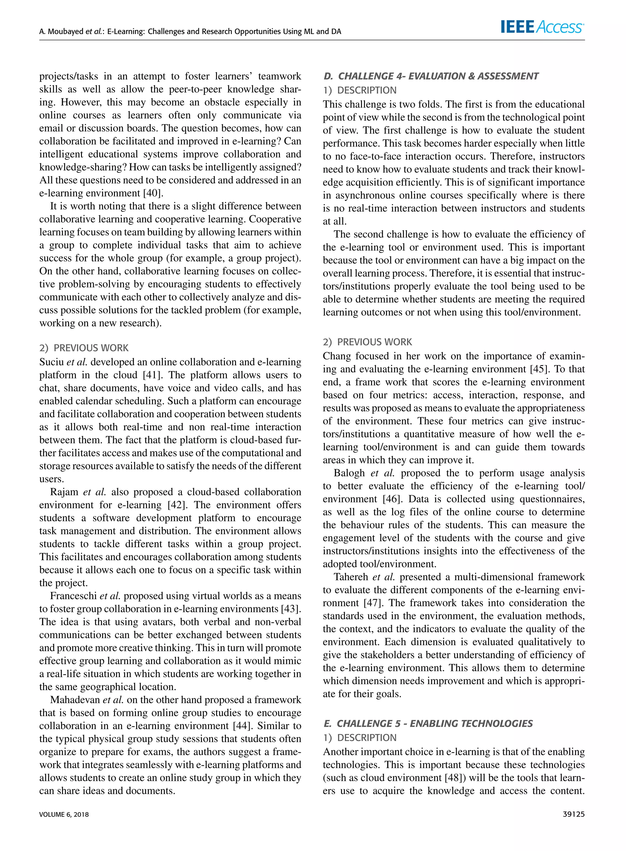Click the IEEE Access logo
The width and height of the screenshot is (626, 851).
coord(542,27)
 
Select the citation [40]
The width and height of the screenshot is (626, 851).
coord(153,193)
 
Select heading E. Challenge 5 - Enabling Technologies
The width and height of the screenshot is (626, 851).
coord(428,723)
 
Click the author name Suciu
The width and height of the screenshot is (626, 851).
coord(52,362)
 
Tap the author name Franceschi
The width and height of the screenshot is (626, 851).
coord(74,596)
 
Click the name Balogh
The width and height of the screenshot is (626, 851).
coord(349,473)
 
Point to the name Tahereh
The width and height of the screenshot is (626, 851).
coord(351,577)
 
